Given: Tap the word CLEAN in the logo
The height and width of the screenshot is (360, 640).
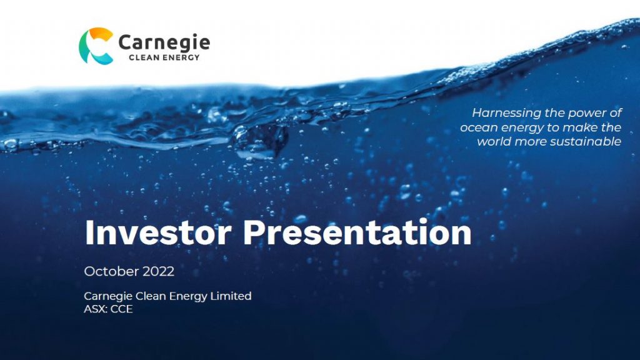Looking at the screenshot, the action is pos(144,57).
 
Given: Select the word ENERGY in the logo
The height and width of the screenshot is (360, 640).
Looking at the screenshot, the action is pos(181,57).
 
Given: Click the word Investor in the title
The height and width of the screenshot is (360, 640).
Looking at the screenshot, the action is pos(158,232).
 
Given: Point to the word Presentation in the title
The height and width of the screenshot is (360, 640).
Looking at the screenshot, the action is pos(357,232).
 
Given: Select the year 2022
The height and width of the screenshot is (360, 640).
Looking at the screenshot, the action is pos(158,271).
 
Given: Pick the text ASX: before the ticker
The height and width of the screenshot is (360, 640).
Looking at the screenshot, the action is pos(96,309).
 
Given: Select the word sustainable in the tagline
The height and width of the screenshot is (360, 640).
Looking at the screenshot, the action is pos(585,142).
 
